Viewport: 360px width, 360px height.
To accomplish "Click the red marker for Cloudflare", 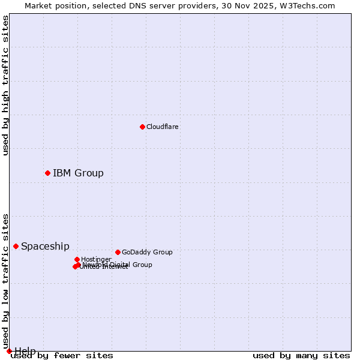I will click(142, 127).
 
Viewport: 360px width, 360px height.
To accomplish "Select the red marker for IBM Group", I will click(47, 173).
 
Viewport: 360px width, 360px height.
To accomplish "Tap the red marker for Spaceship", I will click(16, 246).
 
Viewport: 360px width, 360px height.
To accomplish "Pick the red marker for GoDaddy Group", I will click(118, 252).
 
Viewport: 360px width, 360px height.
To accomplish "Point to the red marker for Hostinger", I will click(77, 259).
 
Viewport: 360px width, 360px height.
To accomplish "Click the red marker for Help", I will click(9, 351).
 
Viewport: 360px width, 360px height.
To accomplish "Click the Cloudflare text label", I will click(162, 127).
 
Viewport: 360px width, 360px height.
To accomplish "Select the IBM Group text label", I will click(78, 173).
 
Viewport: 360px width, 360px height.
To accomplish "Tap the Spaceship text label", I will click(45, 246).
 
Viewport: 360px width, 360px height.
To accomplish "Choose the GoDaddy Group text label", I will click(147, 252).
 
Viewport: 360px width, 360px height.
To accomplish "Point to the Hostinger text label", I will click(96, 259).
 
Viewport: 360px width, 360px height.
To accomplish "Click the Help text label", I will click(25, 351).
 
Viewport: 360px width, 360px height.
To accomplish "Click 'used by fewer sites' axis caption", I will click(62, 356).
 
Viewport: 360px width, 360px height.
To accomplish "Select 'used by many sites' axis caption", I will click(301, 356).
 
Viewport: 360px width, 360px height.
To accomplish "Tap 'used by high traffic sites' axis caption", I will click(5, 85).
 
